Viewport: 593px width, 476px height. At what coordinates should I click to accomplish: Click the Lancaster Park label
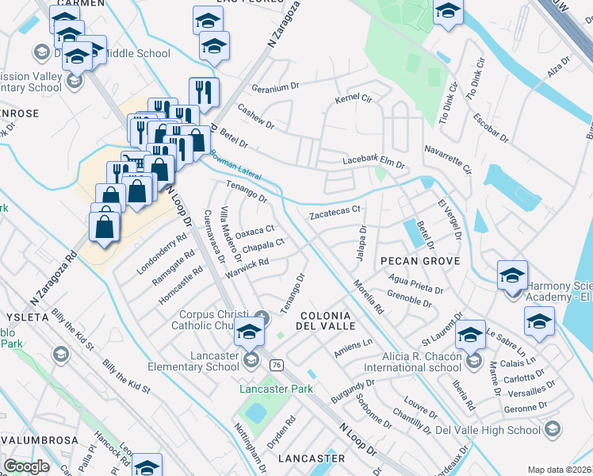pos(277,389)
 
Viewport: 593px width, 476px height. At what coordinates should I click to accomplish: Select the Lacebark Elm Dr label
pos(373,162)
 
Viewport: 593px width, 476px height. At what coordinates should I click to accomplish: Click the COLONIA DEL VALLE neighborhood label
pos(323,320)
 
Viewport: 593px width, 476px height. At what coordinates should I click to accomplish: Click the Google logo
pos(26,466)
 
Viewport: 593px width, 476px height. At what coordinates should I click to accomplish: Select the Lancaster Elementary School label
pos(193,361)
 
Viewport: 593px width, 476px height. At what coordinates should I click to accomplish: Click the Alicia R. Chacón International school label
pos(412,362)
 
